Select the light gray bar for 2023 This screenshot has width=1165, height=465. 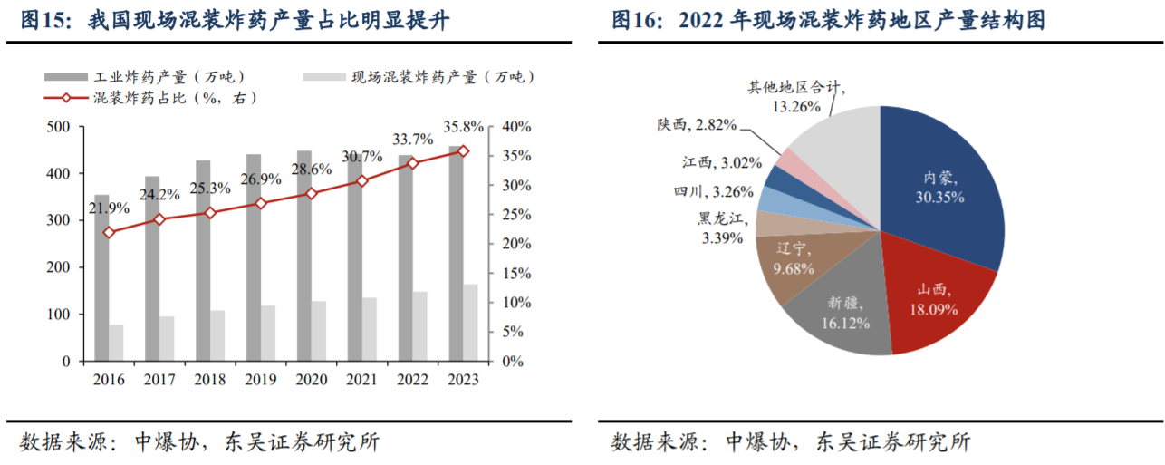pos(470,323)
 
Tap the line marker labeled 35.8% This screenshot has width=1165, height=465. pos(463,151)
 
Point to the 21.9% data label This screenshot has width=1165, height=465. pos(109,209)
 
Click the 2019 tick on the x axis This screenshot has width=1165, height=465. pos(261,380)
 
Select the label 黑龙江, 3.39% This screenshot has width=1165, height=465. pos(720,228)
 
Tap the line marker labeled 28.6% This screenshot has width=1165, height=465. pos(312,193)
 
